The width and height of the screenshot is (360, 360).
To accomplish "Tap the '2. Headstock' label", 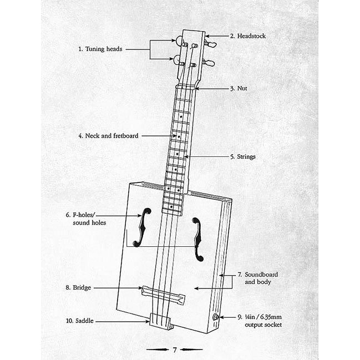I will (x=247, y=36).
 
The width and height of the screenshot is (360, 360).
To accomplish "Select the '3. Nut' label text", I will (x=239, y=88).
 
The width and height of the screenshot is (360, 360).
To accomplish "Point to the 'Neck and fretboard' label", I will (x=108, y=135).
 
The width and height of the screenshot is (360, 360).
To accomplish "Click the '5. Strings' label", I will (x=242, y=156).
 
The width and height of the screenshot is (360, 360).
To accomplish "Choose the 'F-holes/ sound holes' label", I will (x=89, y=218).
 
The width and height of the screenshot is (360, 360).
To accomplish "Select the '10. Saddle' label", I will (x=80, y=321).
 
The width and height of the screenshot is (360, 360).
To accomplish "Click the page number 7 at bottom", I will (x=174, y=350).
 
